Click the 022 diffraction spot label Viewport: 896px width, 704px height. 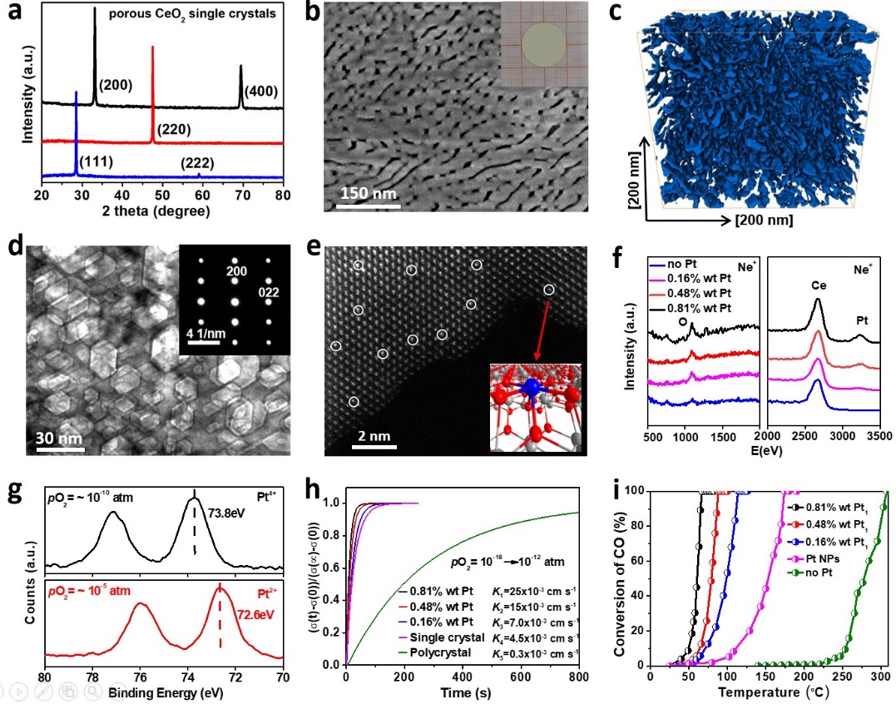point(270,291)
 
